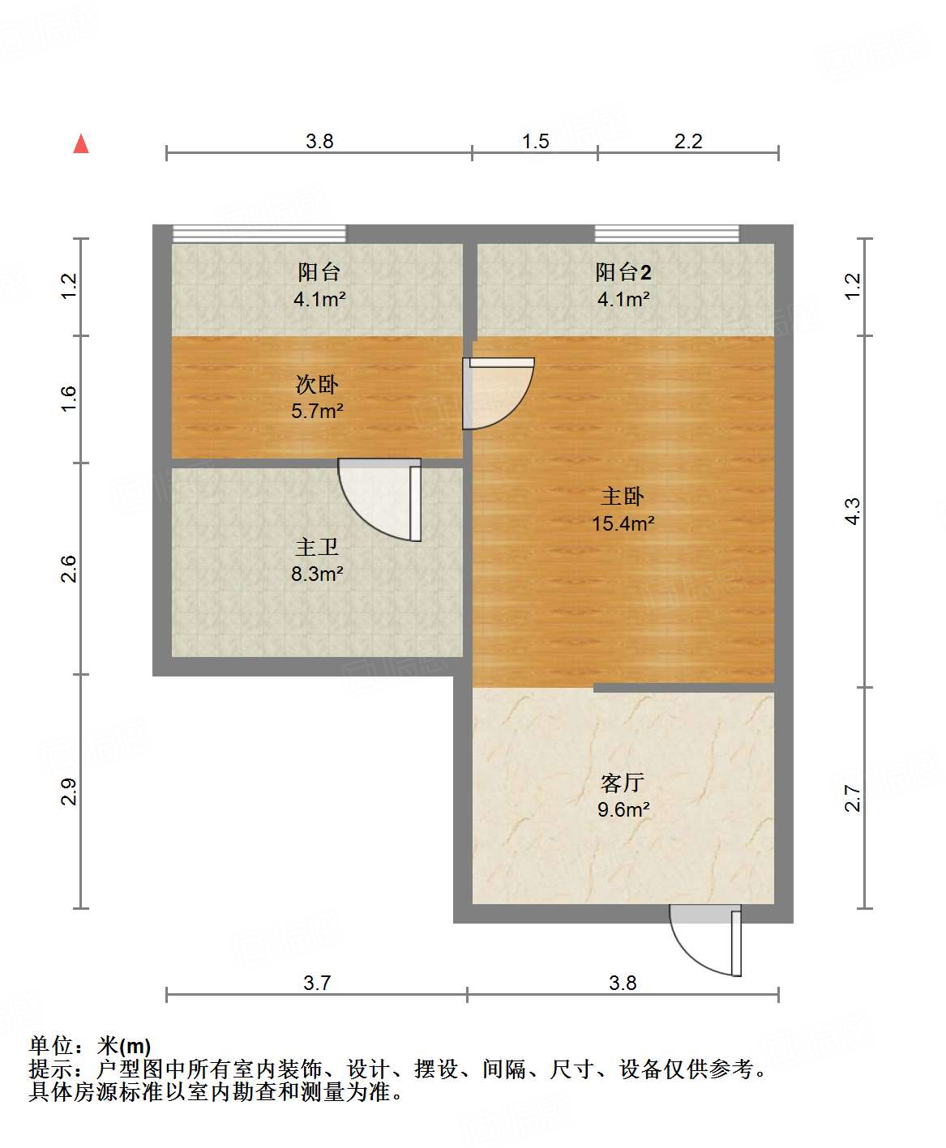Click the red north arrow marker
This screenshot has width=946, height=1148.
81,144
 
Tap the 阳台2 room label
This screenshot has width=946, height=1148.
623,272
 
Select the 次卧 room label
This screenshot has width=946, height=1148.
317,384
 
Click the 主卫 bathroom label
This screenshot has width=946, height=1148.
317,548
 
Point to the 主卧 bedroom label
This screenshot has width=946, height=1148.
623,496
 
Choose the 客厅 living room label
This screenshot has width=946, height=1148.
623,783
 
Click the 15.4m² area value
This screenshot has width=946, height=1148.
623,523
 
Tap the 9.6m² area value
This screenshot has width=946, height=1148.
623,809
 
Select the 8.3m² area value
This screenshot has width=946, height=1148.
317,574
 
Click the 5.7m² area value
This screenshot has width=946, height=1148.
317,411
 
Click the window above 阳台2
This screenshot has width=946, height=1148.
667,234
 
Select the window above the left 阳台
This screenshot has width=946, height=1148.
259,234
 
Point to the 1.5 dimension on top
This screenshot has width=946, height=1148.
535,142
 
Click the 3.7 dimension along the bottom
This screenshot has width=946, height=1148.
317,983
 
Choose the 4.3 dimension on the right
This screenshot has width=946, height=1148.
852,510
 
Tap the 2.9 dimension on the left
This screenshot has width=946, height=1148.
69,792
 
